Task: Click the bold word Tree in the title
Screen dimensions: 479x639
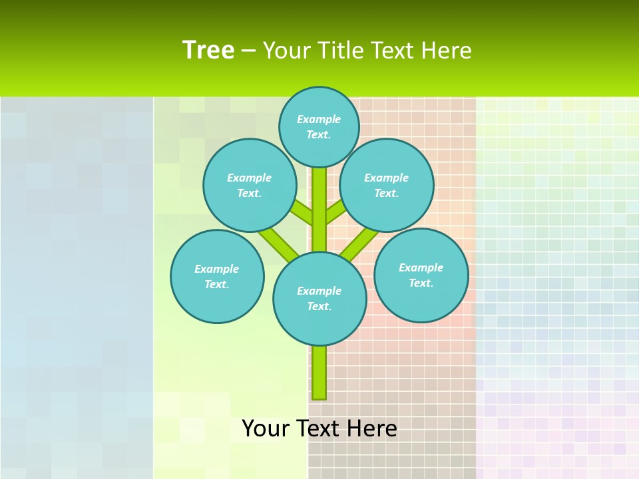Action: coord(208,50)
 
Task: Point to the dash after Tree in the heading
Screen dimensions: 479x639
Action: coord(248,51)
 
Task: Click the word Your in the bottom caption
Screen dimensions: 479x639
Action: coord(266,428)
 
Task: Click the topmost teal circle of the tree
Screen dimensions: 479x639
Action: coord(319,126)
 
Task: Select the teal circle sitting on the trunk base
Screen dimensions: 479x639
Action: coord(319,298)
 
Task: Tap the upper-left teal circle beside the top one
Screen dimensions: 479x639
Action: coord(250,185)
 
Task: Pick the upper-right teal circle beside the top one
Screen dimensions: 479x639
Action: coord(387,185)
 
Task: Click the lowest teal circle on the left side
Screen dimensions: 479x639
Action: coord(217,276)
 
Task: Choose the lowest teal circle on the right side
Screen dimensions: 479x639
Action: coord(421,275)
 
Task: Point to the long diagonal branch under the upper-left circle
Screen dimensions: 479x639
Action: coord(278,242)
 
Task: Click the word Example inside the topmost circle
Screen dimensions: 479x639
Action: coord(319,119)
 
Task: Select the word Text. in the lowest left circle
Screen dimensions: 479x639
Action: coord(216,284)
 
